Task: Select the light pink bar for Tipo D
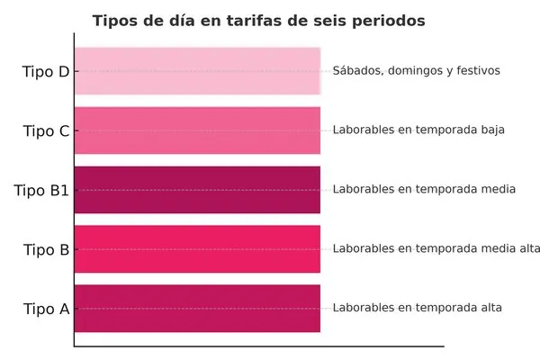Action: click(x=197, y=70)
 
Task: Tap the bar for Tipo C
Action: click(x=197, y=130)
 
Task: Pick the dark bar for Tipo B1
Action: click(x=197, y=189)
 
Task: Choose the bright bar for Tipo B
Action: click(x=197, y=248)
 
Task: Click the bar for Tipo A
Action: click(x=197, y=308)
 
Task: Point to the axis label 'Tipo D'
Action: click(x=46, y=71)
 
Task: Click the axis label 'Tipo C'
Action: click(x=46, y=130)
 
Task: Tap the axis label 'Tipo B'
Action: click(x=46, y=249)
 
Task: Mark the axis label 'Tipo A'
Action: click(x=46, y=309)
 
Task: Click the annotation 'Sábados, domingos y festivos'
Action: click(x=416, y=70)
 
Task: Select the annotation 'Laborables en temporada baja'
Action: click(x=418, y=130)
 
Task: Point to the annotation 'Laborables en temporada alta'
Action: click(x=418, y=308)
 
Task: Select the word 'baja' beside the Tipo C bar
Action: click(x=490, y=130)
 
